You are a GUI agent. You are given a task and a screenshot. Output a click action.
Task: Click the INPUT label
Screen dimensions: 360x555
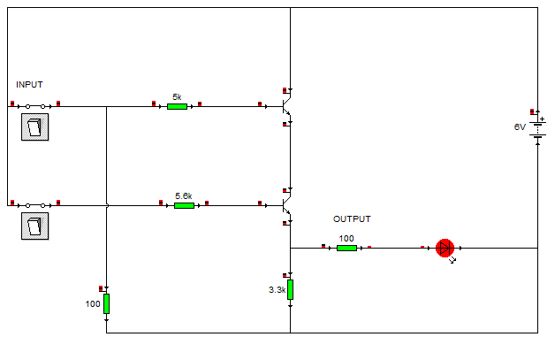point(29,85)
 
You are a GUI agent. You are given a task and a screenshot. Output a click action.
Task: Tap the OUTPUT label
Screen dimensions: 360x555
point(352,219)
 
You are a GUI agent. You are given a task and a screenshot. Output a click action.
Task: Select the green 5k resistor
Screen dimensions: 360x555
point(177,106)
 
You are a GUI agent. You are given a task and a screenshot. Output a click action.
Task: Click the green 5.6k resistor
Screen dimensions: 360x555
point(184,205)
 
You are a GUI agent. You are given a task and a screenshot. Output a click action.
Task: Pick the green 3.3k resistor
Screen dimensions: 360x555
point(290,289)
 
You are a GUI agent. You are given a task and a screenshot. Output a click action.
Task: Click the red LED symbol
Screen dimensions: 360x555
point(445,248)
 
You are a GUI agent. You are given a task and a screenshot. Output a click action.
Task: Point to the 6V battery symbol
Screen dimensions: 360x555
point(537,129)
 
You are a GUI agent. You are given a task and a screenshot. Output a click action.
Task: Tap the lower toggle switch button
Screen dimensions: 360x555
point(34,225)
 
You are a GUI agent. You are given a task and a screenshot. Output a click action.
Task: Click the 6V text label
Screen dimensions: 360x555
point(520,127)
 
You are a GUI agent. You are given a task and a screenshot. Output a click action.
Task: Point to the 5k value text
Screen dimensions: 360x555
point(177,96)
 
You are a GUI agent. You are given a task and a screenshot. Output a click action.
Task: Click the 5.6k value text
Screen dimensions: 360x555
point(184,195)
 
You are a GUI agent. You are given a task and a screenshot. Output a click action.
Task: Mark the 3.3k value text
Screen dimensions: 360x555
point(277,289)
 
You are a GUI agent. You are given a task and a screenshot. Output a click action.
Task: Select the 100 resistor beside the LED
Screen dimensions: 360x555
point(346,248)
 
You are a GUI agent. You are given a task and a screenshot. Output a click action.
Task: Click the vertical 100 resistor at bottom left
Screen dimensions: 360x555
point(106,303)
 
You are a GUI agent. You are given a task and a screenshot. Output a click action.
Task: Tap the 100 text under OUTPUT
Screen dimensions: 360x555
point(346,238)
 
